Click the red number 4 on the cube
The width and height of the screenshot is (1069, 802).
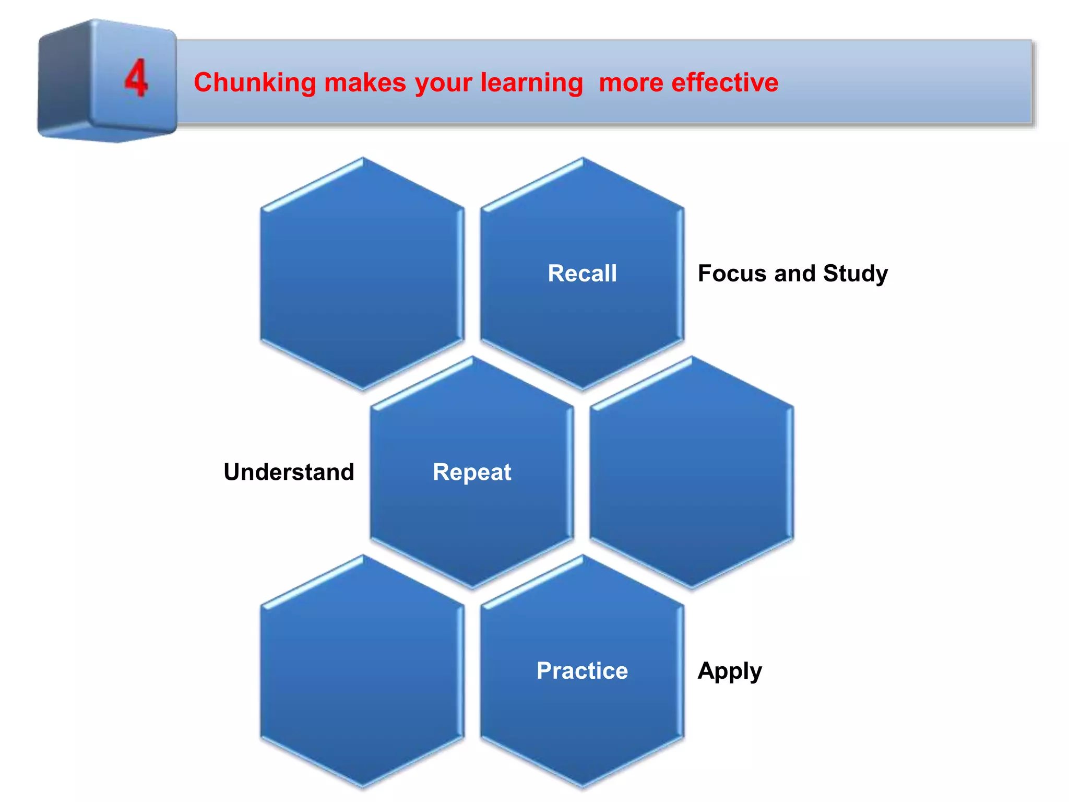[136, 78]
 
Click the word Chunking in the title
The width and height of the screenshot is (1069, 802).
[255, 82]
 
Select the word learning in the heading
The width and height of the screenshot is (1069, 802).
[531, 82]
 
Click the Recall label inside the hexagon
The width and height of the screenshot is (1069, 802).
[582, 273]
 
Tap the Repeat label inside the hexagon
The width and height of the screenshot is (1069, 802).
[472, 472]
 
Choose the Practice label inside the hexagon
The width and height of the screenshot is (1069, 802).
[582, 670]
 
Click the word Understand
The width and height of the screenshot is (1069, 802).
[289, 472]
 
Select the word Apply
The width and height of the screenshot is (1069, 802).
[730, 671]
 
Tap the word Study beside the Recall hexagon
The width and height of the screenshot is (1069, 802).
[855, 273]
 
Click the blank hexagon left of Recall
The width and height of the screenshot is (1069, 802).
[362, 273]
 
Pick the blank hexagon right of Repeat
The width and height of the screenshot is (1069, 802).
[692, 472]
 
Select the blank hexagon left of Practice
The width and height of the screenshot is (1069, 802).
[362, 671]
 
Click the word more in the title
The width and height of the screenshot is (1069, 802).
[631, 82]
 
